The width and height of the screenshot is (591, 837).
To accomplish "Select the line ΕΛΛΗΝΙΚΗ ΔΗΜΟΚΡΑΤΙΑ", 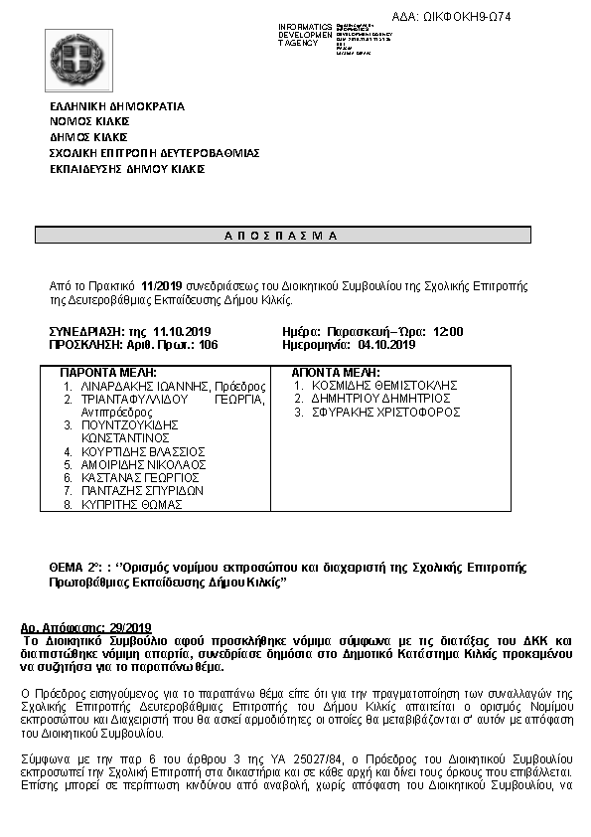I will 117,106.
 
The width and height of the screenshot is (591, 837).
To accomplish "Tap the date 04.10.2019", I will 385,344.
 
